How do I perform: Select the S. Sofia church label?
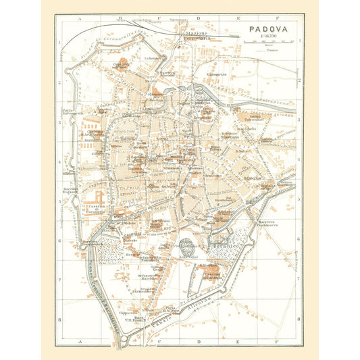245,128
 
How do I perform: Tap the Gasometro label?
216,75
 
